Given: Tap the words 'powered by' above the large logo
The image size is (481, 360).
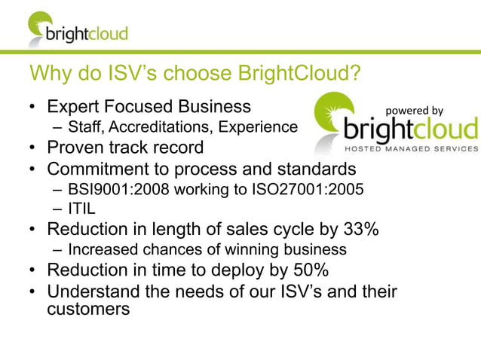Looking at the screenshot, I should (x=415, y=111).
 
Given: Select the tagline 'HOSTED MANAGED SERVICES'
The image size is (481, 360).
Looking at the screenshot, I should (x=406, y=148).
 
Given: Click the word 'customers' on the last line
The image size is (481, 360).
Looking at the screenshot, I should (x=84, y=309).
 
